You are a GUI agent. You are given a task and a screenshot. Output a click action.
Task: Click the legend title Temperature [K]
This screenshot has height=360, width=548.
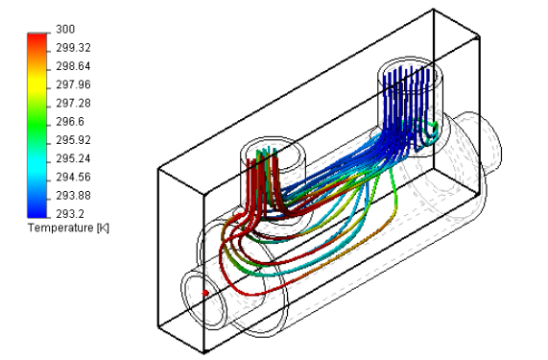click(x=66, y=228)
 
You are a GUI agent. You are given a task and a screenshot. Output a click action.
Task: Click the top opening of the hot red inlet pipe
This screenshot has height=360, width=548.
click(x=268, y=151)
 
